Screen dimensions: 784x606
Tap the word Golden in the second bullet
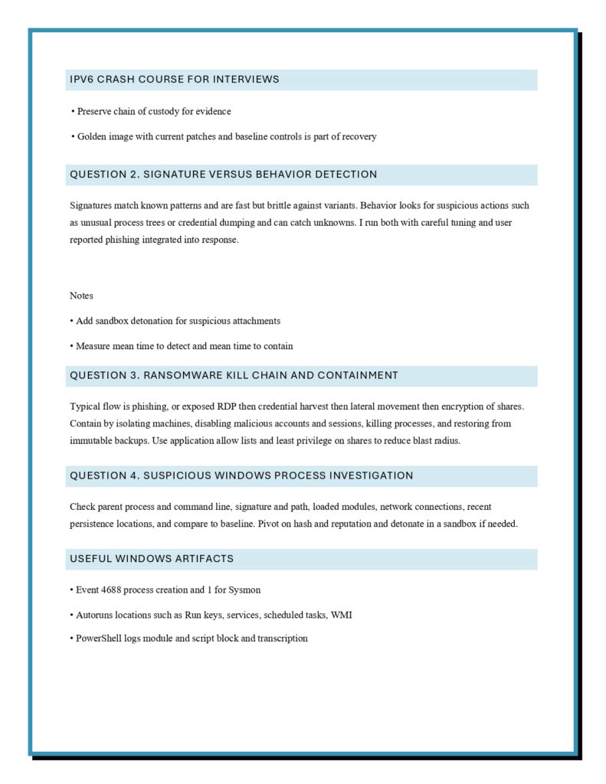[91, 136]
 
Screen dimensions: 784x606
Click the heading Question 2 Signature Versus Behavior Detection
[224, 175]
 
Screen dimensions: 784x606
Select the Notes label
[81, 296]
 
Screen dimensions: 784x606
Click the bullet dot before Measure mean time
[71, 346]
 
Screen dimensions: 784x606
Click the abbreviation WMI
[341, 615]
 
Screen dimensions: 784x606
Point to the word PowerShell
[97, 639]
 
